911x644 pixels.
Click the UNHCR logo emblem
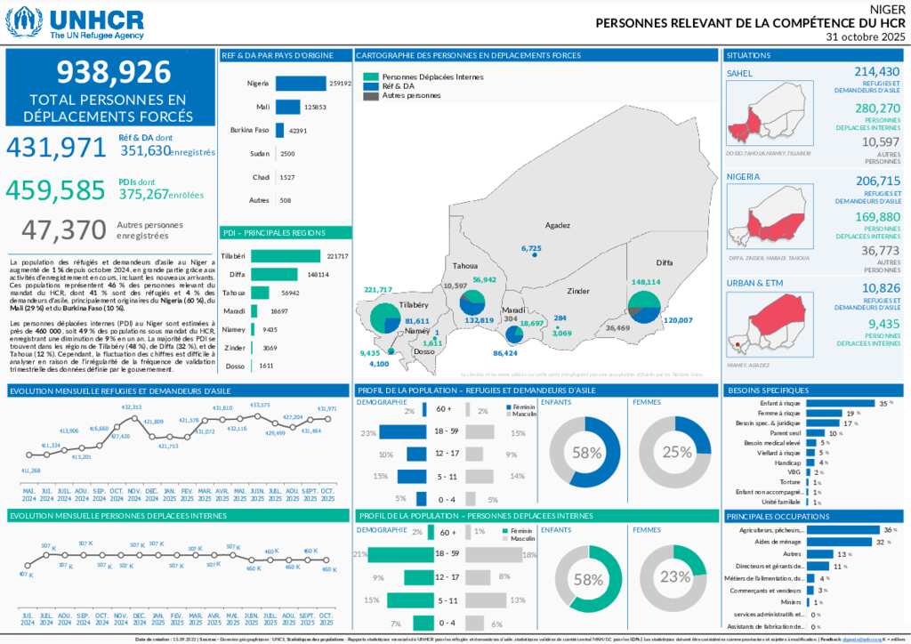[x=24, y=21]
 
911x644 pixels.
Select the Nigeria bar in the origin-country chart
[x=301, y=83]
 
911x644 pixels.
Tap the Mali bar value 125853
[x=315, y=107]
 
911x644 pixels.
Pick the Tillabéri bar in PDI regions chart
[x=286, y=256]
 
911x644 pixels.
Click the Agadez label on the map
[x=558, y=225]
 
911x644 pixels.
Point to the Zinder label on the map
[x=578, y=291]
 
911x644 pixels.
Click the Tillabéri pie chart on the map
[x=384, y=318]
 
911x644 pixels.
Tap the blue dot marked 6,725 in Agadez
[x=535, y=255]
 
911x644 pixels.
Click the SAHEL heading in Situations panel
[x=739, y=73]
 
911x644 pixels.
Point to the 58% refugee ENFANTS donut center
[x=585, y=452]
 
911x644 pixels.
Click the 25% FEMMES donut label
[x=676, y=452]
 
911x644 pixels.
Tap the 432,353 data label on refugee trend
[x=132, y=407]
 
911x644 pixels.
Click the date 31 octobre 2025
[x=864, y=36]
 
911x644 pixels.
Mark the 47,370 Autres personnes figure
[x=63, y=230]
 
